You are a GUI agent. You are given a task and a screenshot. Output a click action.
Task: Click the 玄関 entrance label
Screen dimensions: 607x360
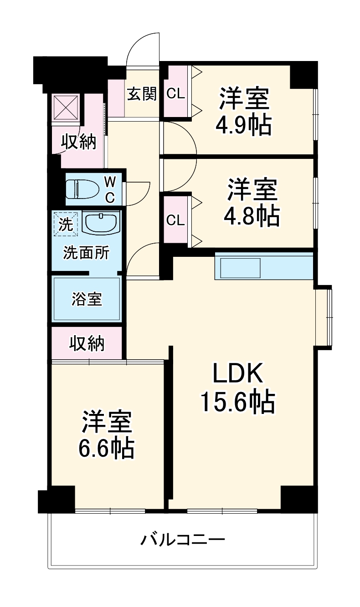[142, 94]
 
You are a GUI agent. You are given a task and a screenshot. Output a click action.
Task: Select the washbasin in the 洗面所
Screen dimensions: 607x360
[101, 223]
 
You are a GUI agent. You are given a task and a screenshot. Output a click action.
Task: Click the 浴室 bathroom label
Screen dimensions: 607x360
[87, 299]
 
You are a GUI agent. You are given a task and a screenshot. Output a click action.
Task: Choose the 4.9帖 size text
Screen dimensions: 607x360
[244, 125]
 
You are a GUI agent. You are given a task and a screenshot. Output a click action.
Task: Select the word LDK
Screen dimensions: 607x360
[237, 374]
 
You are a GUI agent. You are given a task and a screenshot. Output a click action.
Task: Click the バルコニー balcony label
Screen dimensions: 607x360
[183, 540]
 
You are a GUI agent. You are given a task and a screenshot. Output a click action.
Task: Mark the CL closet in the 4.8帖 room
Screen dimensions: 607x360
[175, 220]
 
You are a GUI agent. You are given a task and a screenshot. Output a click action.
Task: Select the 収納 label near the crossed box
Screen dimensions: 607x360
[79, 143]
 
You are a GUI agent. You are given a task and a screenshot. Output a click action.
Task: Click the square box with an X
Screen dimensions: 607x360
[67, 108]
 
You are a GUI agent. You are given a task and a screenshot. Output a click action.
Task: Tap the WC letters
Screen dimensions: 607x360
[110, 189]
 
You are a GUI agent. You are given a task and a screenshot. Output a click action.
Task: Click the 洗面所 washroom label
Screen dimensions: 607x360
[86, 253]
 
